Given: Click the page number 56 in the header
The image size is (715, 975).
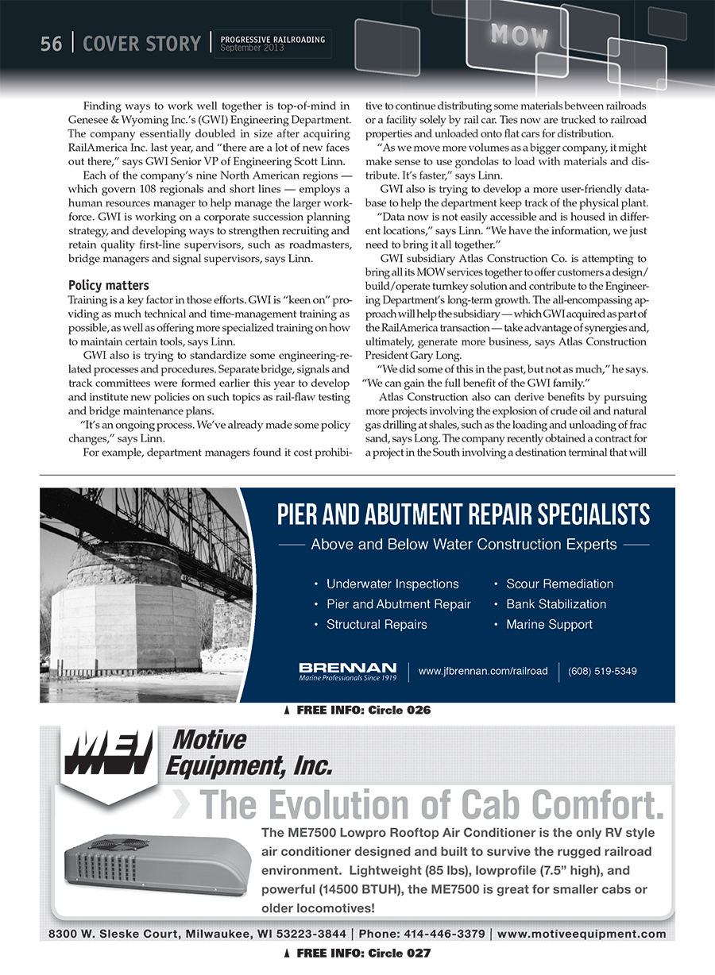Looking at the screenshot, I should point(51,44).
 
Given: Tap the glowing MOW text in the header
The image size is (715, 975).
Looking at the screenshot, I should point(520,35).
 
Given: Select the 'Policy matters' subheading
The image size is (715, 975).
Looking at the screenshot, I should point(109,285).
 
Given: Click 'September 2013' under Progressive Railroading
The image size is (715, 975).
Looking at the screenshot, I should point(252,48).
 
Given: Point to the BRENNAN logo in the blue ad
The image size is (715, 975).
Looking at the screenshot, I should point(347,671).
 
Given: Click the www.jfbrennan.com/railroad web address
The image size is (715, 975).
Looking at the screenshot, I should point(483,671).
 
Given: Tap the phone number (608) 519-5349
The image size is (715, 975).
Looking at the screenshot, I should point(602,671).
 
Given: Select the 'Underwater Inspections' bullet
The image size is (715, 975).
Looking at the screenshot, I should point(392,584).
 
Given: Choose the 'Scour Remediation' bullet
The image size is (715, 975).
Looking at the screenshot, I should point(559,584).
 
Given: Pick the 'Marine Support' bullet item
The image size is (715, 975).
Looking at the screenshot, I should point(549,625).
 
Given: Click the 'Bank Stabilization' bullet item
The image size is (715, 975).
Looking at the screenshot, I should point(556,604).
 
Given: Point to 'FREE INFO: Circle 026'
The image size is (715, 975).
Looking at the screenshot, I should point(363,711).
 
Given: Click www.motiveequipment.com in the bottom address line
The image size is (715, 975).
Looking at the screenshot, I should point(582,934).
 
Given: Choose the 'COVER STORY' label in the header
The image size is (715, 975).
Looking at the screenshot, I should point(141,44).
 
